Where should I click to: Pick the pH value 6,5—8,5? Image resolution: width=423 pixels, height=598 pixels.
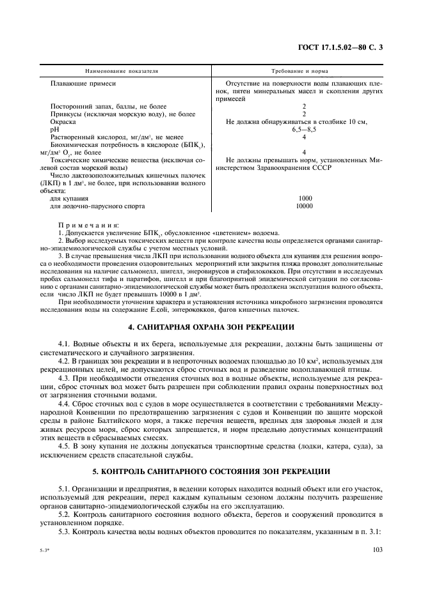pyautogui.click(x=304, y=129)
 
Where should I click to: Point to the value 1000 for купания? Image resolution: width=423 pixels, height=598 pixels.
pyautogui.click(x=304, y=199)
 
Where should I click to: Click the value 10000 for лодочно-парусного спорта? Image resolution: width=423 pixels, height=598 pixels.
pyautogui.click(x=304, y=206)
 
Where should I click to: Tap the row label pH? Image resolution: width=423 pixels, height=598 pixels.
pyautogui.click(x=54, y=129)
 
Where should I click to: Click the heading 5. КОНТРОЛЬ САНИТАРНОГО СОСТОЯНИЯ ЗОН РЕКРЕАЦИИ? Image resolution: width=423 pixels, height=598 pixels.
pyautogui.click(x=211, y=471)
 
